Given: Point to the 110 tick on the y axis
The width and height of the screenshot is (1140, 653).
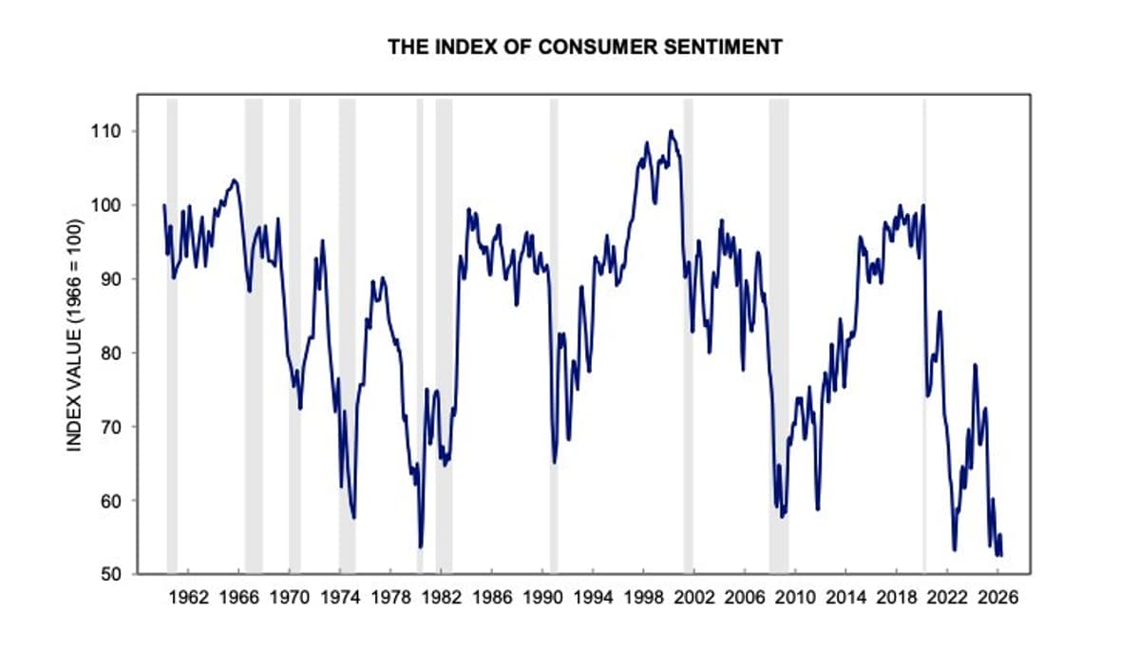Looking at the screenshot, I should pos(119,131).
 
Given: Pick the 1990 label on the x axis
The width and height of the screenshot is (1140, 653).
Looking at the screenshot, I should pos(542,599).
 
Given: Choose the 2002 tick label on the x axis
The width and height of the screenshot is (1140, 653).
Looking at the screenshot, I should pos(694,599).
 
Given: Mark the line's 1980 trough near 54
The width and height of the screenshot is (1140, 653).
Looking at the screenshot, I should pos(421,547).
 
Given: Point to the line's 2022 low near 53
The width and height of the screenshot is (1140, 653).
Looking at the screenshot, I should pos(955,549).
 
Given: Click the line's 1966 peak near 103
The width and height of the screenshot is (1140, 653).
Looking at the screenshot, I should pos(235,180).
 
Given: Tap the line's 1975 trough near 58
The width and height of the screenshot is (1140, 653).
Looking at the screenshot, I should pos(354,517).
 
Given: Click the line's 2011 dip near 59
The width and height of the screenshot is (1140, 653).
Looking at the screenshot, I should pos(817,509).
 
